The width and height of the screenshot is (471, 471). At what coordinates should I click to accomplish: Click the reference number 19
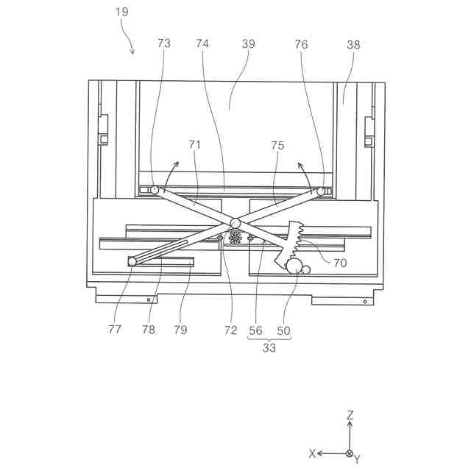click(x=122, y=13)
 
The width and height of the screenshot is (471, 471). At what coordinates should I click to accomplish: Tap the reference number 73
click(x=163, y=43)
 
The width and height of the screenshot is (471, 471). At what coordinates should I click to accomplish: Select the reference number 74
click(x=202, y=43)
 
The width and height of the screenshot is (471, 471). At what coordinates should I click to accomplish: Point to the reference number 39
click(x=248, y=43)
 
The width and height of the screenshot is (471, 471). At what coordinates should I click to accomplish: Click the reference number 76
click(x=302, y=43)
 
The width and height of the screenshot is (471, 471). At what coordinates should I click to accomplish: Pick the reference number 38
click(x=353, y=43)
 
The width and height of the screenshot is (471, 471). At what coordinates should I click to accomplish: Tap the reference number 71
click(x=194, y=145)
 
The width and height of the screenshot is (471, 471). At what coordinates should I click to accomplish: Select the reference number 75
click(x=277, y=145)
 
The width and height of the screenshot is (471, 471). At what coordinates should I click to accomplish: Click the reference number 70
click(x=340, y=262)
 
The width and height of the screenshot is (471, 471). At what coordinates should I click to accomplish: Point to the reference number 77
click(x=115, y=330)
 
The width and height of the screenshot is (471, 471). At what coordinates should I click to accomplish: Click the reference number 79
click(x=180, y=330)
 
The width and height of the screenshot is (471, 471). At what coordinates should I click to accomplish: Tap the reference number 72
click(x=231, y=330)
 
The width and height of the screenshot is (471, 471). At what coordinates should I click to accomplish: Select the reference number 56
click(x=255, y=330)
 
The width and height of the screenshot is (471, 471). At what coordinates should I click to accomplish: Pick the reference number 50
click(x=283, y=330)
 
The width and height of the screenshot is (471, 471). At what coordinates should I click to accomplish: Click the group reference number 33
click(x=269, y=348)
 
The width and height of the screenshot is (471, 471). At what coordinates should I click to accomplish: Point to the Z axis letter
click(x=350, y=416)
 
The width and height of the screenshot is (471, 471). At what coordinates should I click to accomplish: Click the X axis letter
click(x=312, y=453)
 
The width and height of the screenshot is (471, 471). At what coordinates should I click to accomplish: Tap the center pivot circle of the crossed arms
click(x=235, y=222)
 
